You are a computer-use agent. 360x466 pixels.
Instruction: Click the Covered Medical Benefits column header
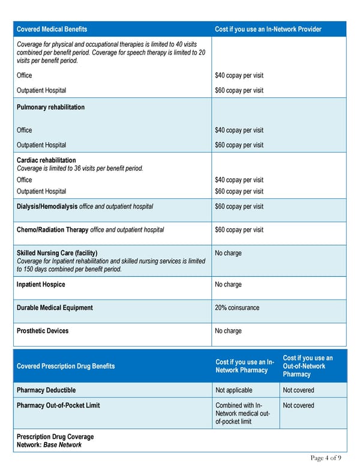(x=52, y=29)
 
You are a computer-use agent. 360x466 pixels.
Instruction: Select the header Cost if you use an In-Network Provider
(x=268, y=29)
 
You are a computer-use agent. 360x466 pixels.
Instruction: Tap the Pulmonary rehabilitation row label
(x=50, y=107)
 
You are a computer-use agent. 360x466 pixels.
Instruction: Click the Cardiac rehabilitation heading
(x=46, y=160)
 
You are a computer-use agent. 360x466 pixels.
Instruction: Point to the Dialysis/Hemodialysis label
(x=47, y=207)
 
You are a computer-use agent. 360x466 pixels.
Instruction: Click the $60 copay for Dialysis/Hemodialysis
(x=239, y=207)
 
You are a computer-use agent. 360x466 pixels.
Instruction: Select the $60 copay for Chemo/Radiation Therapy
(x=239, y=230)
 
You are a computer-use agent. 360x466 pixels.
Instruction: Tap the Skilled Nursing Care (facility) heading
(x=57, y=253)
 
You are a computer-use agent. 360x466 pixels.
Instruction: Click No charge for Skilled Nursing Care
(x=228, y=253)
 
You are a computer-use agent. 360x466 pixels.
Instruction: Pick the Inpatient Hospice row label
(x=41, y=285)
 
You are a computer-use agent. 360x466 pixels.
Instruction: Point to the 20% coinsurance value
(x=237, y=308)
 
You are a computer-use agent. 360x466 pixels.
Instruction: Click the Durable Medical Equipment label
(x=55, y=308)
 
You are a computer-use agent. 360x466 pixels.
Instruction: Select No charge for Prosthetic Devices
(x=228, y=331)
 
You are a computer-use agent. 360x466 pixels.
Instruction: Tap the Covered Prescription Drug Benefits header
(x=65, y=366)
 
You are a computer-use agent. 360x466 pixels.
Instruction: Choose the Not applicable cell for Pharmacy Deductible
(x=233, y=390)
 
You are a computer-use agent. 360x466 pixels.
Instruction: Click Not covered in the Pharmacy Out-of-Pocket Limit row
(x=298, y=405)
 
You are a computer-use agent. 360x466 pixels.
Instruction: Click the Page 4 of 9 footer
(x=326, y=458)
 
